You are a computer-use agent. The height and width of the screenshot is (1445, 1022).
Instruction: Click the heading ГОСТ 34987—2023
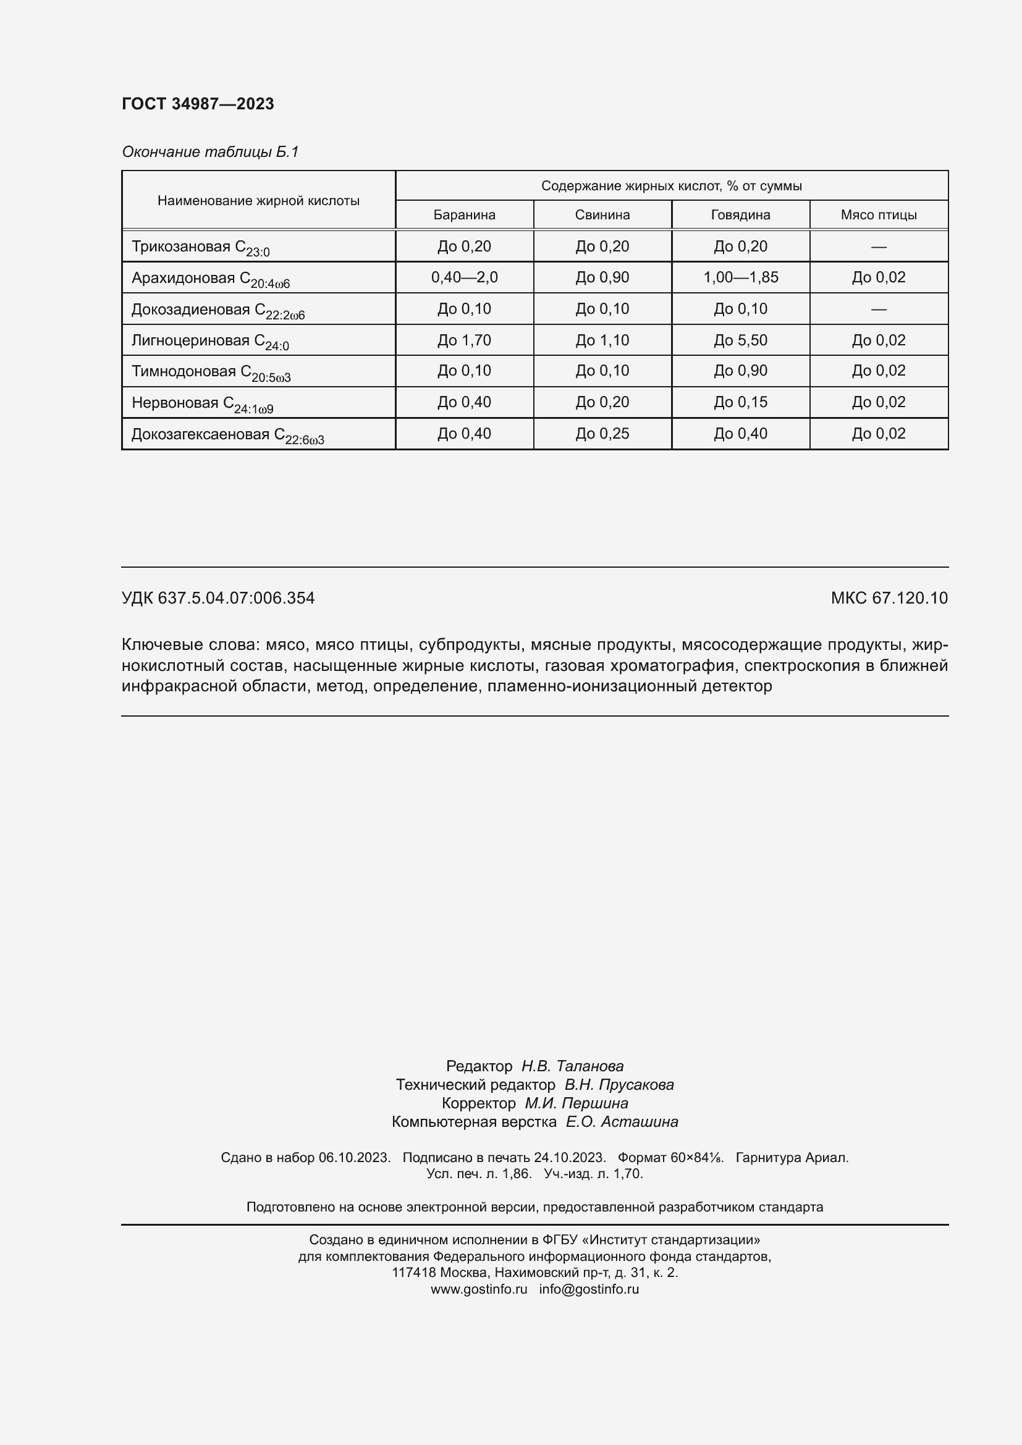tap(198, 104)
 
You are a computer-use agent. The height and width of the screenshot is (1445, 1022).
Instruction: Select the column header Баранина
tap(464, 214)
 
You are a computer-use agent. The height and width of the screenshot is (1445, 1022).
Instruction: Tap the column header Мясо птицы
tap(878, 214)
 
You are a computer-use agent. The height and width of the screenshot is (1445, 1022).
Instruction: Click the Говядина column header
tap(740, 214)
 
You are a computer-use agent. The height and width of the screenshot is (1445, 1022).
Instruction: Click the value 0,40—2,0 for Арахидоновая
tap(464, 277)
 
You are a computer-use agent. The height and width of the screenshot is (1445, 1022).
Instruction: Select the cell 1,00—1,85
tap(740, 277)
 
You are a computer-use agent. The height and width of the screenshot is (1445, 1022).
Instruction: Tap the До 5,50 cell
tap(740, 340)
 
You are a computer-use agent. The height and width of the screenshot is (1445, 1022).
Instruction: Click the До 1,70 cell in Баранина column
tap(464, 340)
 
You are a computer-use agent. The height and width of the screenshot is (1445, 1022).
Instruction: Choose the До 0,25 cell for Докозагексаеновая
tap(602, 434)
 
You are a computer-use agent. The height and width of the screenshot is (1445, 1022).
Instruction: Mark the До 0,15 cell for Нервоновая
tap(740, 402)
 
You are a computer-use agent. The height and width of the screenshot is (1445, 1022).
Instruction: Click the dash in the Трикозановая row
tap(878, 246)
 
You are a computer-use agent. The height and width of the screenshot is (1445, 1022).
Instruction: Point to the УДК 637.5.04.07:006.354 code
tap(217, 598)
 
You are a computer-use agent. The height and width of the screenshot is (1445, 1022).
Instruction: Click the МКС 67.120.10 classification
tap(889, 598)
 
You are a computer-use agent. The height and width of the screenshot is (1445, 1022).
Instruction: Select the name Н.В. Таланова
tap(572, 1066)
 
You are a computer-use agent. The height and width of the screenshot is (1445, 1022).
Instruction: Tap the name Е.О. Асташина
tap(621, 1121)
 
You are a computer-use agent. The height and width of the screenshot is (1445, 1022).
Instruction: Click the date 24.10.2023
tap(569, 1157)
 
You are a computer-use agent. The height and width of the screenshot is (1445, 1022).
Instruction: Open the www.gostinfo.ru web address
tap(478, 1289)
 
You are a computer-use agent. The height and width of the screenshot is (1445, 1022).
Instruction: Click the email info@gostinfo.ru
tap(588, 1289)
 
